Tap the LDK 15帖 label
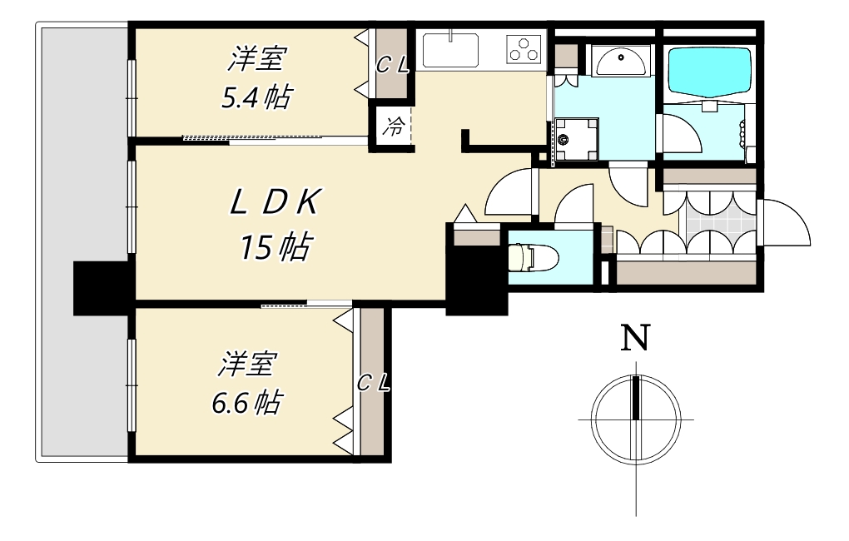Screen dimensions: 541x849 click(276, 225)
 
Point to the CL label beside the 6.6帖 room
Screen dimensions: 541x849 click(373, 383)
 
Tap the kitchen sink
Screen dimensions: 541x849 click(450, 50)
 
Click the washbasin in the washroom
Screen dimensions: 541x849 click(619, 60)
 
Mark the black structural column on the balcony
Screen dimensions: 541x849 click(102, 287)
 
